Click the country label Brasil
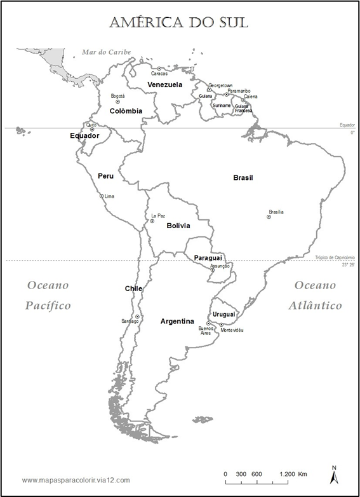(x=243, y=178)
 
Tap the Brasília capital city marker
(x=269, y=217)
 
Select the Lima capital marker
(x=101, y=196)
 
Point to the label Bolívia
(x=178, y=226)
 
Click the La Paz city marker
(x=152, y=221)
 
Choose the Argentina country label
(x=177, y=321)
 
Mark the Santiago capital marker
(x=137, y=316)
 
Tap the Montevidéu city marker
(x=222, y=325)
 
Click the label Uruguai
(x=223, y=314)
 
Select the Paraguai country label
(x=208, y=258)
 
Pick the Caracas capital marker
(x=159, y=69)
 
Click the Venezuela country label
(x=164, y=85)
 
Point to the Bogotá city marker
(x=117, y=102)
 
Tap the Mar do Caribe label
(x=102, y=52)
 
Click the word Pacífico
(x=48, y=306)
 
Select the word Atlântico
(x=315, y=306)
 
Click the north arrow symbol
(x=334, y=475)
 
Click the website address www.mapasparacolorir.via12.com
(x=76, y=480)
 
